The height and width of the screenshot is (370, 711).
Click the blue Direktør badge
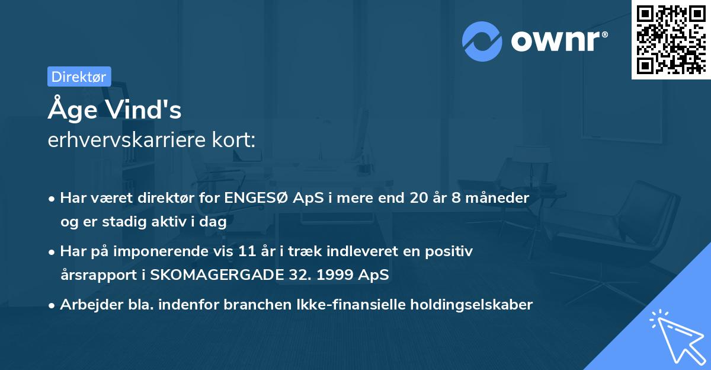pyautogui.click(x=79, y=76)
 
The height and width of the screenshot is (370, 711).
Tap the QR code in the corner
pyautogui.click(x=671, y=40)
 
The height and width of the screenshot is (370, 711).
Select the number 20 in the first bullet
pyautogui.click(x=418, y=198)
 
